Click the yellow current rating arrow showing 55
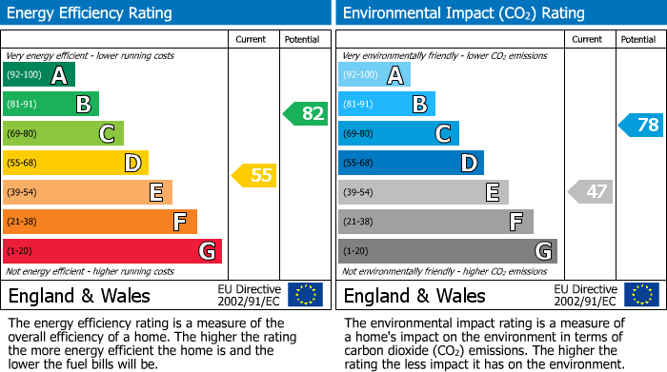[254, 175]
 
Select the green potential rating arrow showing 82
[305, 114]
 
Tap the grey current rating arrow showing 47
[590, 191]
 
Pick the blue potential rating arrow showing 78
[640, 125]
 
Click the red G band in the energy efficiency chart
[112, 251]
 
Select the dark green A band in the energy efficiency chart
[39, 75]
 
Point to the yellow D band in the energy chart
[75, 163]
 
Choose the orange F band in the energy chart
[100, 222]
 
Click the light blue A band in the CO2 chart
[374, 75]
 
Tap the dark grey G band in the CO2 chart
[447, 251]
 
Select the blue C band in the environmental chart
[398, 134]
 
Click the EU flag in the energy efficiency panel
[305, 295]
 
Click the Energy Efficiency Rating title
[91, 13]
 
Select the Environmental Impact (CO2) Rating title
[463, 13]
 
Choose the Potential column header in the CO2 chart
[638, 39]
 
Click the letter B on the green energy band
[83, 105]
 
